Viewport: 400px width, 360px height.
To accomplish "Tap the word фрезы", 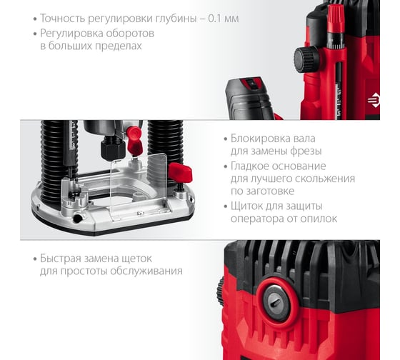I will [x=304, y=151].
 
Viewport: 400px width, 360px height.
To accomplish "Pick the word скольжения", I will [x=324, y=179].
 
